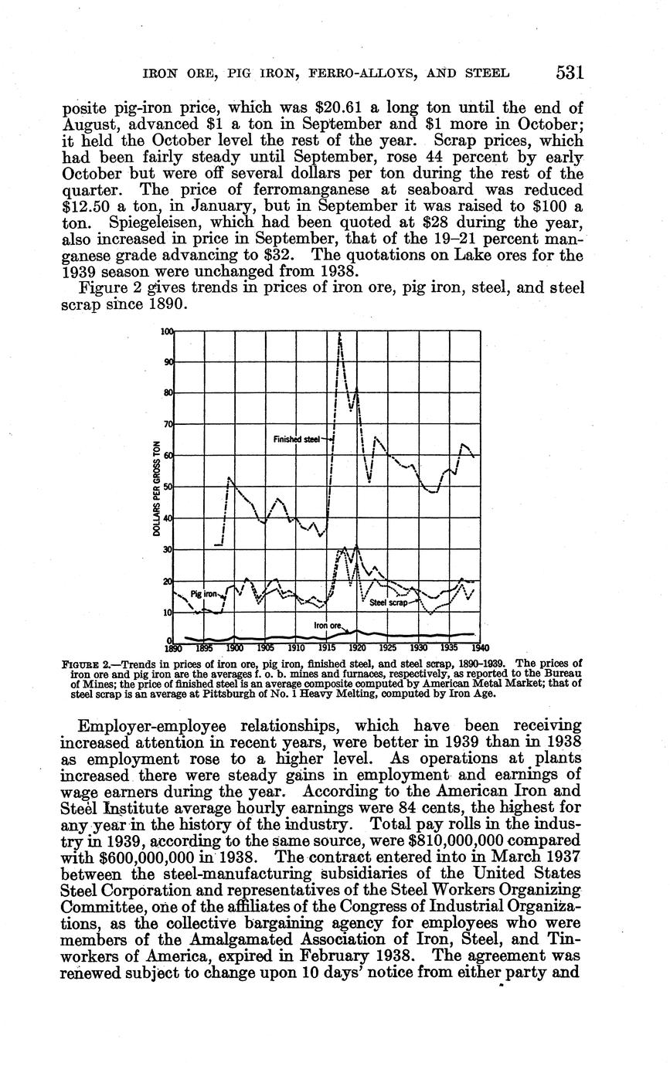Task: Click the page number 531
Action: coord(569,73)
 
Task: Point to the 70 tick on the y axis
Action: coord(167,425)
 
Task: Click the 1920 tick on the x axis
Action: coord(357,648)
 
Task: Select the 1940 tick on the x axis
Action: coord(480,648)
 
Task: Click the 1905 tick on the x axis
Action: coord(265,648)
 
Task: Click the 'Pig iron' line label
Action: coord(203,594)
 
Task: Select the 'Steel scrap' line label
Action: coord(388,603)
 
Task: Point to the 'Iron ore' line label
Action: coord(327,624)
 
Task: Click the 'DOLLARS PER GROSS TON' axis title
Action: coord(157,487)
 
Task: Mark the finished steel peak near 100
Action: coord(340,334)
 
